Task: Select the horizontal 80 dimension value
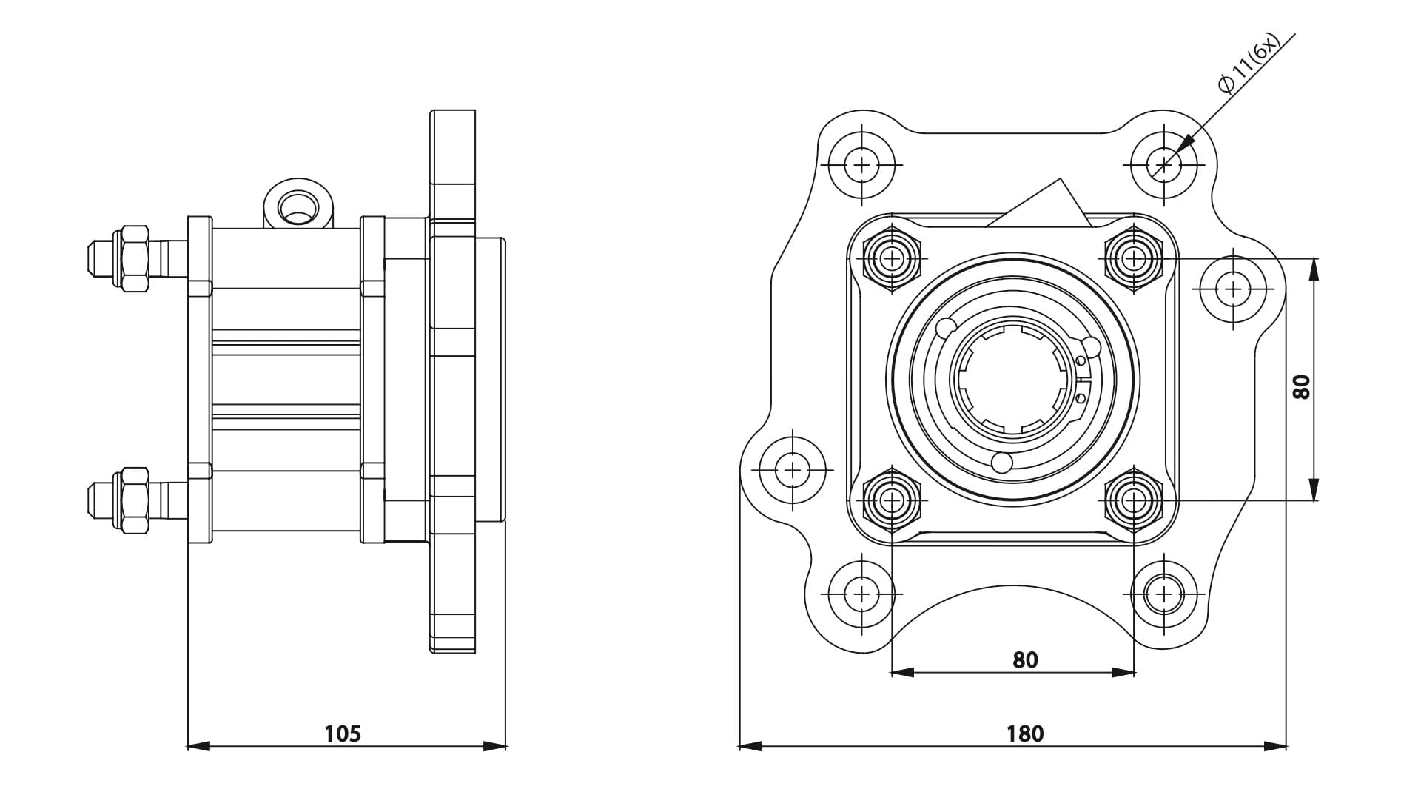point(1025,659)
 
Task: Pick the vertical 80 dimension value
point(1301,386)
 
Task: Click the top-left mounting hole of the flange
point(861,164)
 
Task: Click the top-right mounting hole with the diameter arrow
point(1164,164)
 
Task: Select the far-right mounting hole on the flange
point(1233,288)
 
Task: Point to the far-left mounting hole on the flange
point(793,469)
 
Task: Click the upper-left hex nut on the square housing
point(893,258)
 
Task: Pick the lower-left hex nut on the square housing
point(893,500)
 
